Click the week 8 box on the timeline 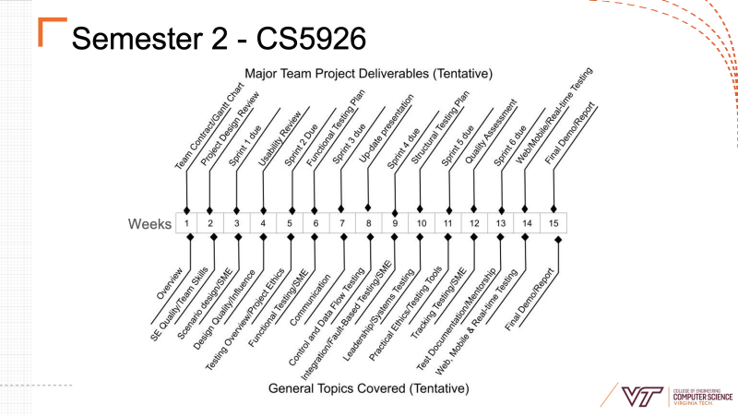[368, 223]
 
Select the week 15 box [553, 223]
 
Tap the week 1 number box [186, 223]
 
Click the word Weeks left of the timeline [149, 224]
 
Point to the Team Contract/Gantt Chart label [209, 125]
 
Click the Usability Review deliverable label [280, 139]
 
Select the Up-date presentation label [386, 128]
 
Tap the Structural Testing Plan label [440, 127]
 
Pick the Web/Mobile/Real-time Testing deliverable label [554, 115]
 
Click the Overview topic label [170, 283]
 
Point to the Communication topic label [310, 300]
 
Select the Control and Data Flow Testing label [327, 316]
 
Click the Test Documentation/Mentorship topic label [456, 319]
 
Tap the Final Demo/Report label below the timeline [530, 300]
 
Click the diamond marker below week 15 [558, 240]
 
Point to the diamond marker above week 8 [368, 208]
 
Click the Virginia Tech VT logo [642, 397]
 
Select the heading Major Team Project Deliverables [368, 74]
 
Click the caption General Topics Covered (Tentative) [368, 388]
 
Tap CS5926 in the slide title [311, 38]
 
